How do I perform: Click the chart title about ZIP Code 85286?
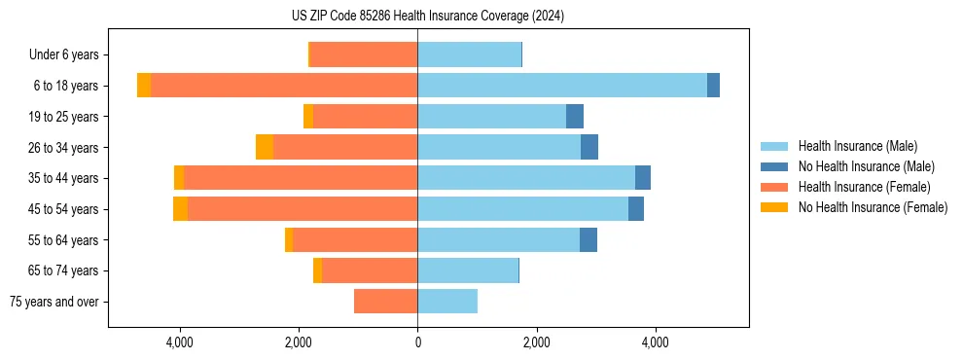pos(427,17)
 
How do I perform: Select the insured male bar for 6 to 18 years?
pos(561,86)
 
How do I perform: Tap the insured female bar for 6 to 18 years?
pos(284,86)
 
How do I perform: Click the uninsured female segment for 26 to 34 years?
pos(265,147)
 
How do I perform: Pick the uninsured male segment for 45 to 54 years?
pos(635,209)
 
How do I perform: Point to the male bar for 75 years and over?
pos(447,302)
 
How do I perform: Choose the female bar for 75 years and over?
pos(385,302)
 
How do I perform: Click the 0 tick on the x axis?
pos(417,342)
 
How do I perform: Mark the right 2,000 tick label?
pos(536,342)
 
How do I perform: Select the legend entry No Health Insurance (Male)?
pos(866,166)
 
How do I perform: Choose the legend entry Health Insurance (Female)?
pos(864,187)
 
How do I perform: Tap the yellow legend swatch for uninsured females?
pos(775,207)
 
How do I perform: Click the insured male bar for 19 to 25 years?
pos(491,117)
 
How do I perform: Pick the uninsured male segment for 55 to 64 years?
pos(588,240)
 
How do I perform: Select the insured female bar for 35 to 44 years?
pos(301,178)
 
